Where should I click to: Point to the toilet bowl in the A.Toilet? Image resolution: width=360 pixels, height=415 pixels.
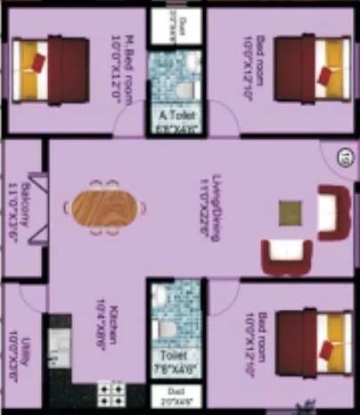tap(183, 89)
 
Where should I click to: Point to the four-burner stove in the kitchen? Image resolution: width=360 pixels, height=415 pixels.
tap(110, 394)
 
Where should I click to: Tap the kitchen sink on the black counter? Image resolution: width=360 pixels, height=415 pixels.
tap(59, 342)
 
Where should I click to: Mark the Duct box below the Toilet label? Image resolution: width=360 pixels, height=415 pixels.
tap(175, 396)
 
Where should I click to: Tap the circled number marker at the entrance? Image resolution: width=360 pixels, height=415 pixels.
tap(343, 161)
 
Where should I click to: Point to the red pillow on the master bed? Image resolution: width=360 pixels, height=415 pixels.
tap(37, 61)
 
